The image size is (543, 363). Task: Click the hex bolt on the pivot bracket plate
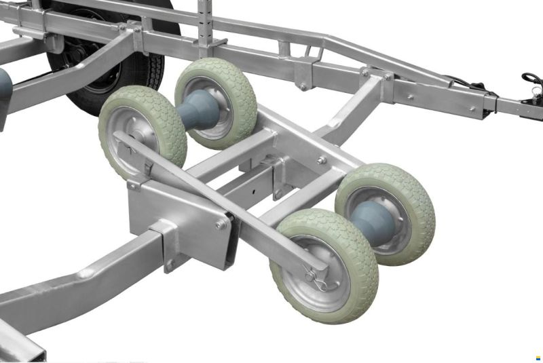click(x=221, y=225)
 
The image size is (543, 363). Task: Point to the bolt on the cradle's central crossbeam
click(x=321, y=161)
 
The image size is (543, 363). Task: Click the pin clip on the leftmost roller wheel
click(x=148, y=166)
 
